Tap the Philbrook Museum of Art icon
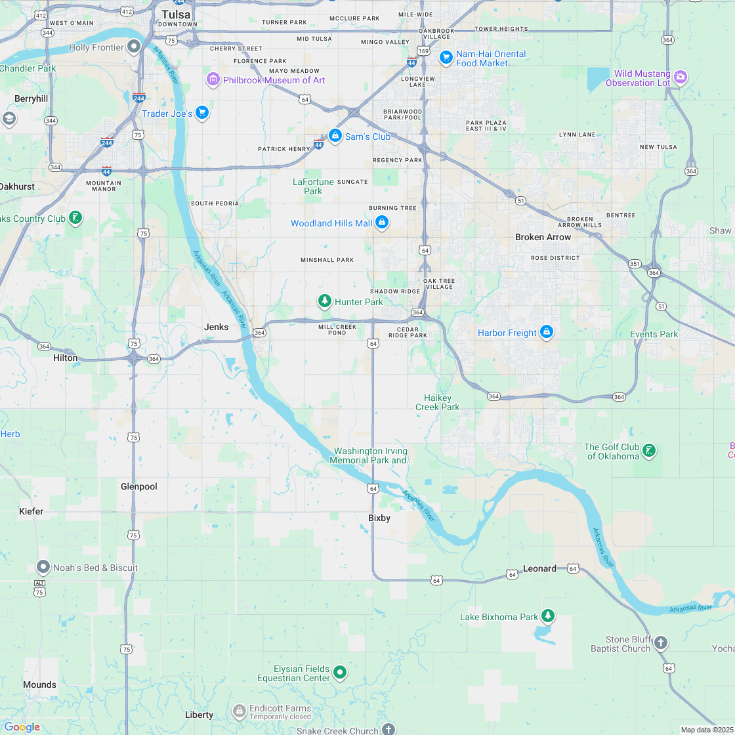213,80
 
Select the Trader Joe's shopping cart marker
201,114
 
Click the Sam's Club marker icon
335,136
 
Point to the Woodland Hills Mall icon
382,223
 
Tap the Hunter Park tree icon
324,301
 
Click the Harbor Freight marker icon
546,333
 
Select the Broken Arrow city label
543,237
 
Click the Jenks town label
217,327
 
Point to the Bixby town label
379,518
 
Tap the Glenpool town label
139,486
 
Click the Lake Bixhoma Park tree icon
547,616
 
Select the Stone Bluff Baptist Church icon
661,642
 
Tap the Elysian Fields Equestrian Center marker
340,672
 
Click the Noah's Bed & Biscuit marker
43,567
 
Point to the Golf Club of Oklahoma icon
648,450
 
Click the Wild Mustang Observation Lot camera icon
681,77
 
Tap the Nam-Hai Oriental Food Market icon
446,58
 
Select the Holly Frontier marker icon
134,47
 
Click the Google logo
22,726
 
